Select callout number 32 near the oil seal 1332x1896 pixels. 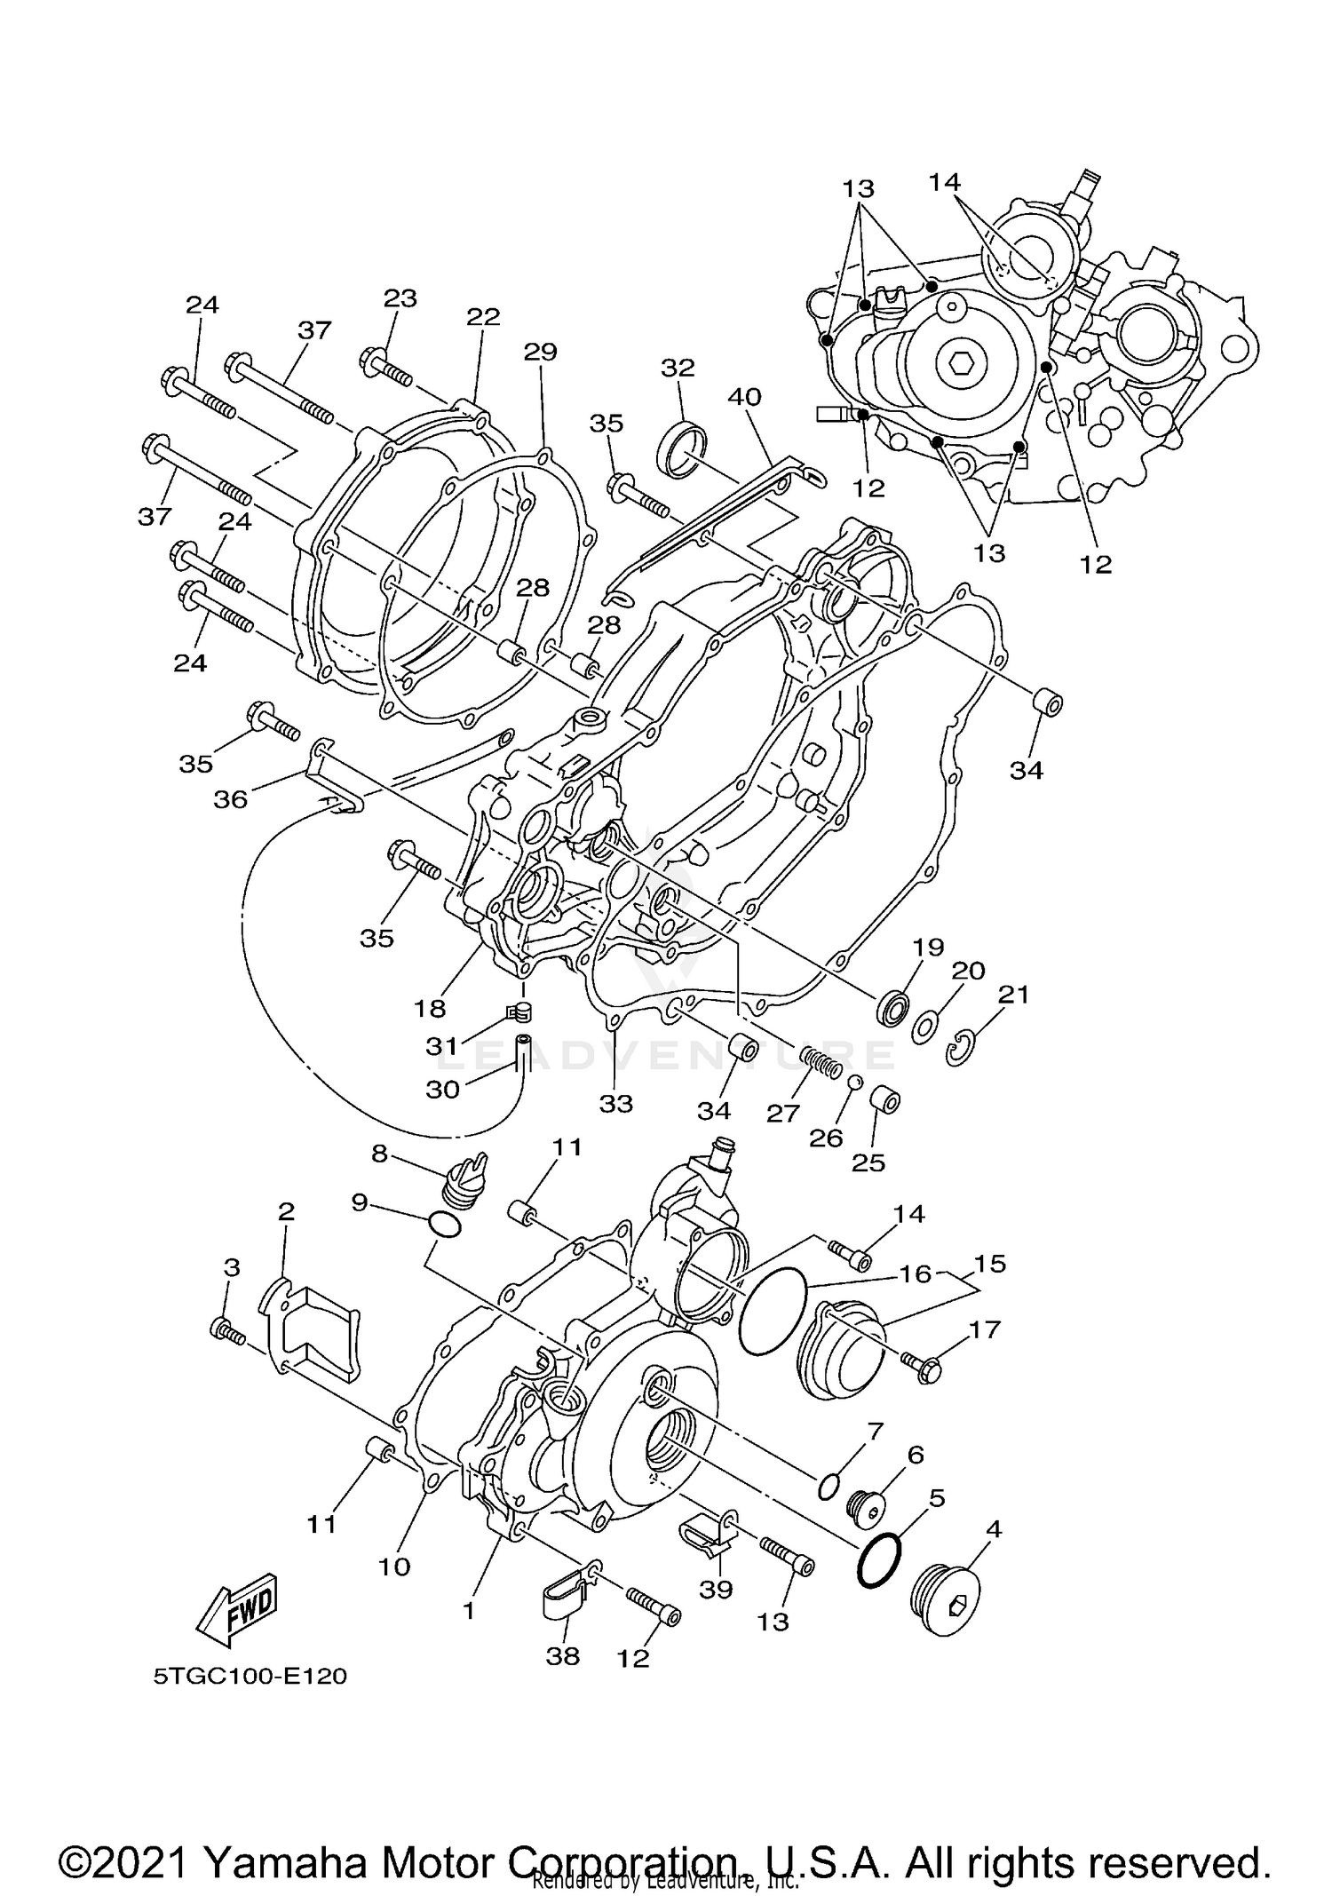pos(678,368)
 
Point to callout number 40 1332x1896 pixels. pos(744,397)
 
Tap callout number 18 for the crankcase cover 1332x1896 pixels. pos(429,1008)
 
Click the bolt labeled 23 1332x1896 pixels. pos(386,369)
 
